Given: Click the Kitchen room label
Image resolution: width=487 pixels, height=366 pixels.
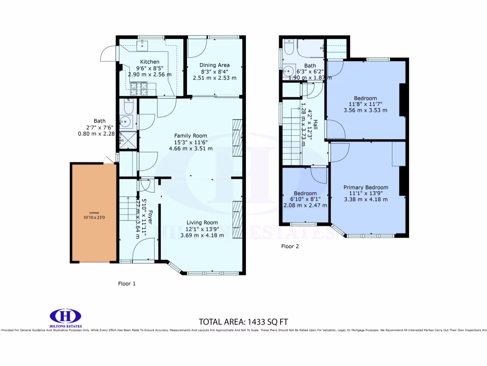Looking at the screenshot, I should pyautogui.click(x=149, y=62).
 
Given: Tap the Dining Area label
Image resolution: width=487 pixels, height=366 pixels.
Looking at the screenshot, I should pyautogui.click(x=214, y=65).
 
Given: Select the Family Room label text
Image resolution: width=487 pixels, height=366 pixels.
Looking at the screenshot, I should pyautogui.click(x=190, y=136).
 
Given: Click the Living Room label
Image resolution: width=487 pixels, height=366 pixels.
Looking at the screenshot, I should pyautogui.click(x=202, y=223).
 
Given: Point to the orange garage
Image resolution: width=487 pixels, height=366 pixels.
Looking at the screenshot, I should pyautogui.click(x=94, y=213).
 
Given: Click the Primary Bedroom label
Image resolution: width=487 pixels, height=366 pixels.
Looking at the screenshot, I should pyautogui.click(x=366, y=187).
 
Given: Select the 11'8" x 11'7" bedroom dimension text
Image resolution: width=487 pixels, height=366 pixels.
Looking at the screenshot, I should pyautogui.click(x=365, y=104).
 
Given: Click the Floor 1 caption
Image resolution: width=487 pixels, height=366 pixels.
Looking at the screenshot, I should pyautogui.click(x=127, y=284).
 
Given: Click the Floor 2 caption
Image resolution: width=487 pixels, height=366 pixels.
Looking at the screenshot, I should pyautogui.click(x=290, y=246).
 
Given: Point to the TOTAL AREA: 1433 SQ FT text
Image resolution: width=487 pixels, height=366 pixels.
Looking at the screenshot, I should pyautogui.click(x=243, y=321).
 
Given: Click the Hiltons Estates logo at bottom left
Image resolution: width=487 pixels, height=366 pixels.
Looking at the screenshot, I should pyautogui.click(x=66, y=317).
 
